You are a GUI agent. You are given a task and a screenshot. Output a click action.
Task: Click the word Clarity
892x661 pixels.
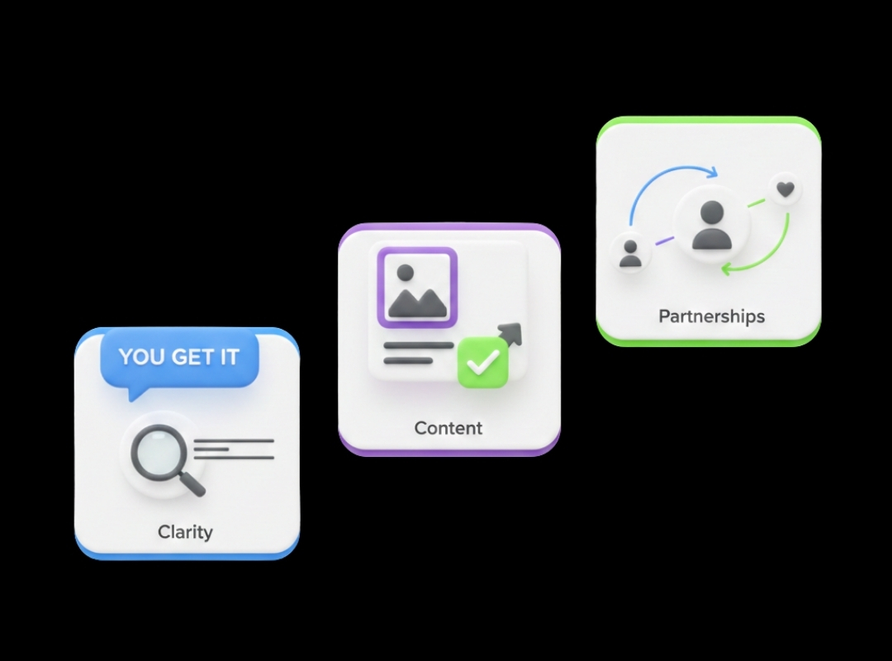(185, 532)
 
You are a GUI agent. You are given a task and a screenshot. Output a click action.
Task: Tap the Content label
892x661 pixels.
(448, 428)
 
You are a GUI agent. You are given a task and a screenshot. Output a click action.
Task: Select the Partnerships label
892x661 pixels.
(712, 316)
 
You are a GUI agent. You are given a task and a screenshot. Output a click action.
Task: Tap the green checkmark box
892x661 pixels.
(482, 363)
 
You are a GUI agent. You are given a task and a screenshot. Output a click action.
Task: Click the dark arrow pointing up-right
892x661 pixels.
(509, 334)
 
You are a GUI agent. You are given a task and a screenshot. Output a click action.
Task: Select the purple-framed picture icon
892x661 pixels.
(417, 288)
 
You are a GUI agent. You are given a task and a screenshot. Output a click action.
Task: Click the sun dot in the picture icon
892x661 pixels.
(405, 273)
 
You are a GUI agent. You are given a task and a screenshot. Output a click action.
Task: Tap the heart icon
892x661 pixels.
(785, 188)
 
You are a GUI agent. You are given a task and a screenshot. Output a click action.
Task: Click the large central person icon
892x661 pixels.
(712, 226)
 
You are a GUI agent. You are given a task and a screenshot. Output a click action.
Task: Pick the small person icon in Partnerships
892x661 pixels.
(629, 254)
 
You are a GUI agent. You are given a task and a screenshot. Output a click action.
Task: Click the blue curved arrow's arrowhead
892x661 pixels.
(711, 172)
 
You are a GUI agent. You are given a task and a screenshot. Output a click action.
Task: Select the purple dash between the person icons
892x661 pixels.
(664, 240)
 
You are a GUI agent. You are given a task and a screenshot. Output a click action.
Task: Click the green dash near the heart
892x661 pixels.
(756, 202)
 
